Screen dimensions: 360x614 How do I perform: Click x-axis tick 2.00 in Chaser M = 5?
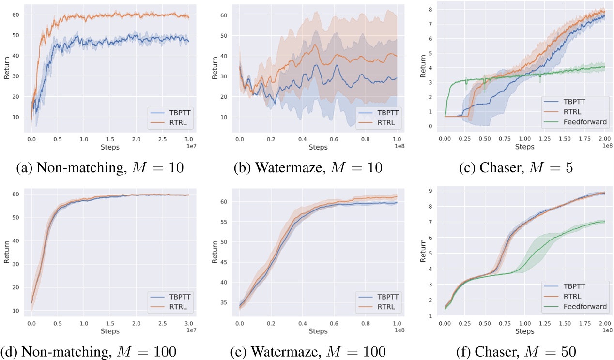(602, 139)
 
